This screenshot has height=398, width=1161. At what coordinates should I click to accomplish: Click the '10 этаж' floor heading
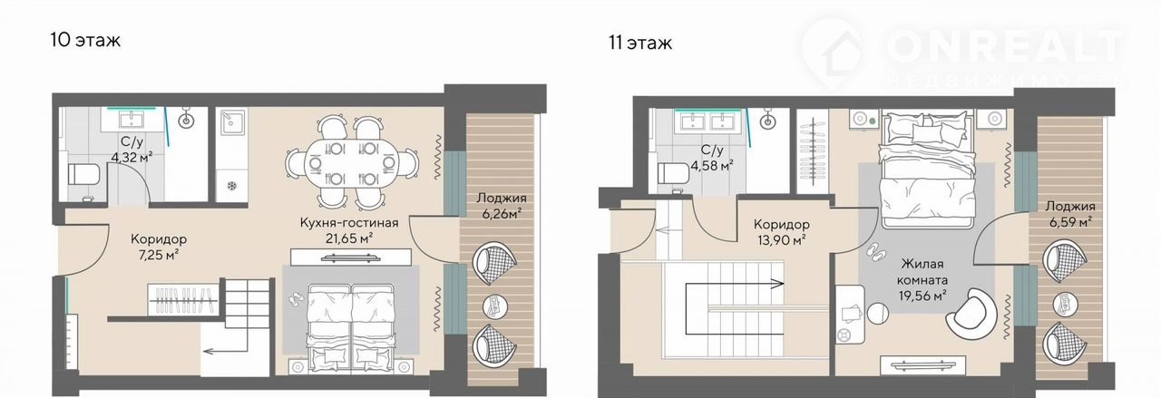(85, 40)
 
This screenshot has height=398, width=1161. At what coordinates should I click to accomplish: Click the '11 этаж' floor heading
(640, 43)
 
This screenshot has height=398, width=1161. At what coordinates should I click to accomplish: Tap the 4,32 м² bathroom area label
(132, 157)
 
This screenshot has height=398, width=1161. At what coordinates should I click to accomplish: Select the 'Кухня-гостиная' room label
(349, 223)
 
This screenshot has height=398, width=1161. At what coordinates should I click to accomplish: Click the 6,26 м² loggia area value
(502, 214)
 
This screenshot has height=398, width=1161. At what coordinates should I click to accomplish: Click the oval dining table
(353, 164)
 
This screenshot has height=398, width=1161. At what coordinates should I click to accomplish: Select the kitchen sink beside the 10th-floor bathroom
(230, 122)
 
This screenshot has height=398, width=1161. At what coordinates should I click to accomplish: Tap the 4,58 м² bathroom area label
(712, 166)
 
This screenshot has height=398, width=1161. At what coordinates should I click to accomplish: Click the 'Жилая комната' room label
(922, 272)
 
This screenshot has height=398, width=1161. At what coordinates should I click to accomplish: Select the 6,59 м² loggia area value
(1071, 222)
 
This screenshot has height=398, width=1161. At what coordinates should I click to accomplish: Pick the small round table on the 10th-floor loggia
(495, 306)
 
